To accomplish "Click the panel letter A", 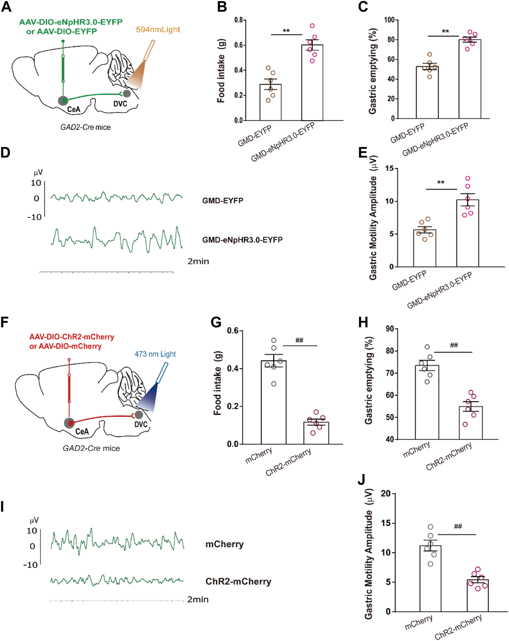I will coord(6,7).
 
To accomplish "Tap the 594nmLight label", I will coord(158,30).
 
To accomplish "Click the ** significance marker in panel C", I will coord(445,32).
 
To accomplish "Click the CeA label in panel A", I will coord(74,109).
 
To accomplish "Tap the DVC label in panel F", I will coord(141,424).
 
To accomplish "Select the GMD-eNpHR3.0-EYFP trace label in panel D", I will coord(242,240).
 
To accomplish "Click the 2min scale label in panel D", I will coord(198,262).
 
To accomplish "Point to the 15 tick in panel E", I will coord(389,168).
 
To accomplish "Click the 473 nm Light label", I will coord(155,354).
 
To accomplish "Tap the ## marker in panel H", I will coord(454,345).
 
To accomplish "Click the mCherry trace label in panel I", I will coord(224,544).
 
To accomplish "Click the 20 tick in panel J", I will coord(386,493).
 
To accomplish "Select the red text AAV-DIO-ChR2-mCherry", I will coord(72,337).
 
